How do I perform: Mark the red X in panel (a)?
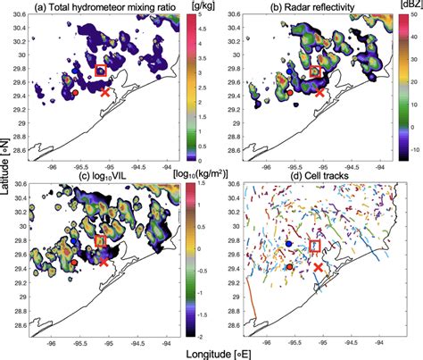tap(105, 92)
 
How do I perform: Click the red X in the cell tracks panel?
tap(319, 266)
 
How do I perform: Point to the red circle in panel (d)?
tap(289, 266)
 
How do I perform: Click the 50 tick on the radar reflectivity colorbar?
tap(407, 24)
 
